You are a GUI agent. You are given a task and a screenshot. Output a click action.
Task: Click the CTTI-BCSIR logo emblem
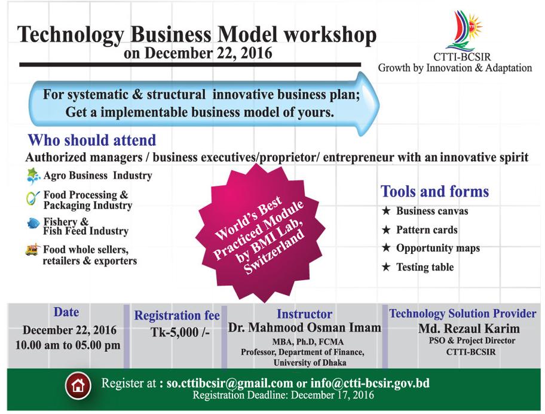point(464,30)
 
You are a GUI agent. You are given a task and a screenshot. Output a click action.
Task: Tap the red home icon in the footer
point(78,385)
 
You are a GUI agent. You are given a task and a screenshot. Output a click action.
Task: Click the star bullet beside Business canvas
point(386,211)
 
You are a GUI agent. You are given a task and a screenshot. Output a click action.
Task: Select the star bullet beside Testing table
point(386,267)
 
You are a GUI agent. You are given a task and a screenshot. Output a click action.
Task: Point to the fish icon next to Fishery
point(33,223)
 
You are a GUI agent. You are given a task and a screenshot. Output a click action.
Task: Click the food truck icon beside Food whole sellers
point(32,250)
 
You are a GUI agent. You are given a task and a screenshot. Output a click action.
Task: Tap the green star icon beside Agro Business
point(33,176)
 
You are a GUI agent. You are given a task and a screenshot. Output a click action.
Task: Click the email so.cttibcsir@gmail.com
point(229,383)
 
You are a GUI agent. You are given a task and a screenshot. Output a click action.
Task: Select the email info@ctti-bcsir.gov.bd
point(370,383)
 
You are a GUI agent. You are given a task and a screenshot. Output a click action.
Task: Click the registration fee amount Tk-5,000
point(180,332)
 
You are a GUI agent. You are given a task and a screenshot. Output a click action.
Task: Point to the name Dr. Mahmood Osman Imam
point(305,327)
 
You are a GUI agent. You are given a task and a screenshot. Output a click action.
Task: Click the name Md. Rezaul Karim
point(469,329)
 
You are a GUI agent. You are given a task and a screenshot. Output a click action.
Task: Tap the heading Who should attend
point(92,140)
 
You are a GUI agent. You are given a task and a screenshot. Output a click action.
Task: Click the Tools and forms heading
point(435,191)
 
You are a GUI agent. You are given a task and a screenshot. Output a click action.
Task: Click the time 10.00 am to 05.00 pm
point(68,345)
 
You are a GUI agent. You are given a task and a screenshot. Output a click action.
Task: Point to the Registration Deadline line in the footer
point(283,395)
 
